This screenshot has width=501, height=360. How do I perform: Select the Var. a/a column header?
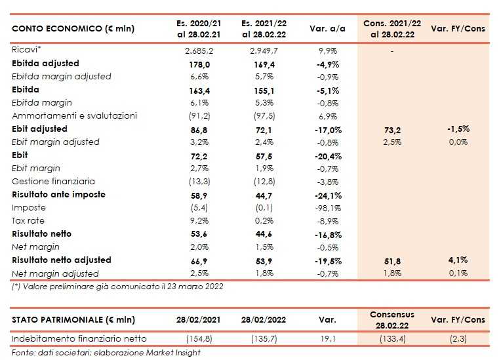[328, 30]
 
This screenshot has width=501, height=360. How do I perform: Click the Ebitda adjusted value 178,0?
[196, 64]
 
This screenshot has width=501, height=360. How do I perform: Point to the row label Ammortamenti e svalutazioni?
[75, 116]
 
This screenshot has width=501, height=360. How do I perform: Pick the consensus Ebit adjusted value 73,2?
[391, 129]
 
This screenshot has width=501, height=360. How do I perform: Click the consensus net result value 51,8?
[391, 260]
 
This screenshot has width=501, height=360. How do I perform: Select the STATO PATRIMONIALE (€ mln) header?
[74, 319]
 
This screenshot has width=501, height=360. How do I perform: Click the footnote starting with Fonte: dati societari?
[106, 353]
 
